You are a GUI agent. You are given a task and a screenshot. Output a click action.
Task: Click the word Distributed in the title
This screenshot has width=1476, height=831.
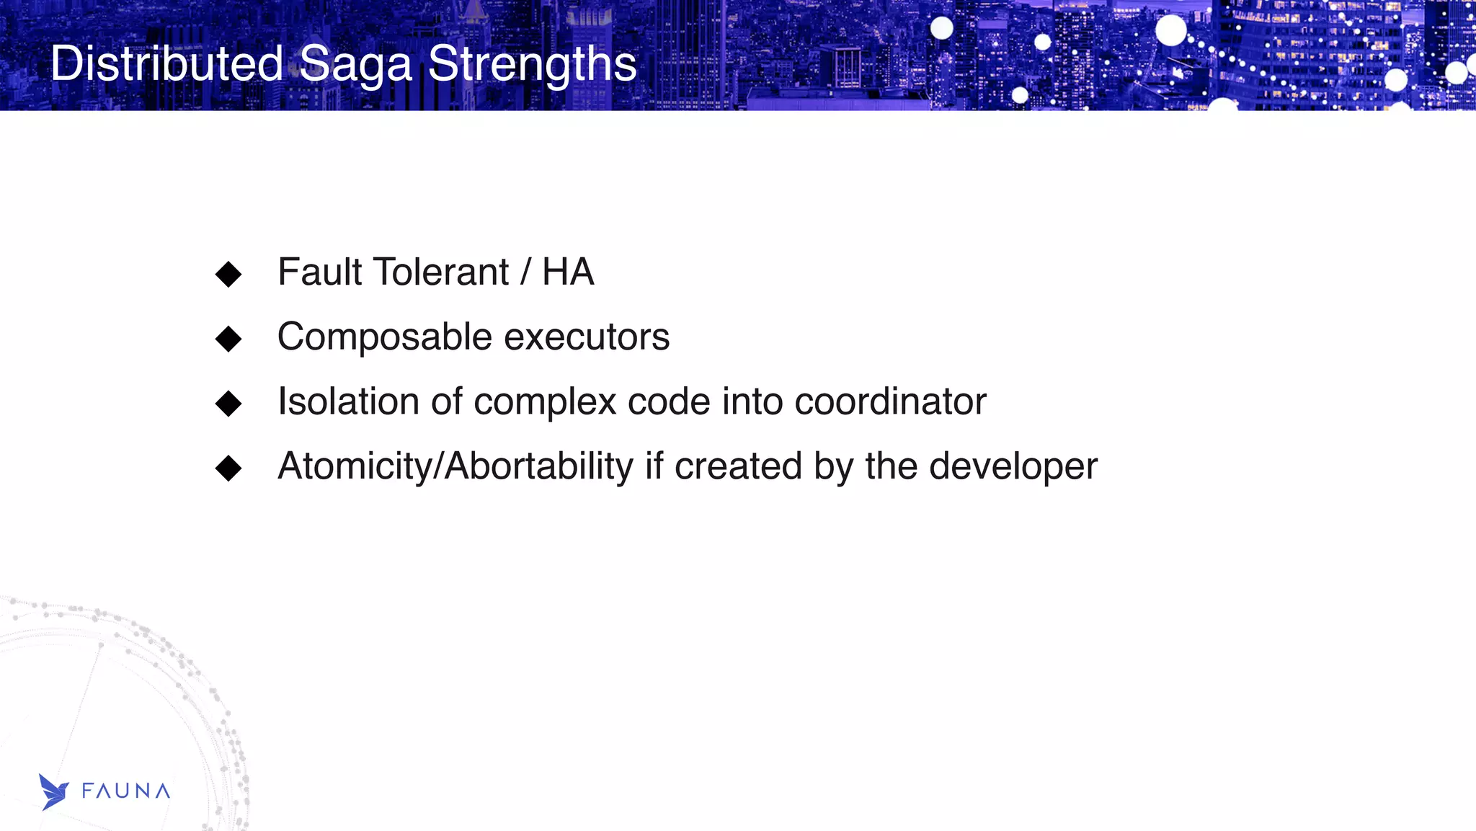point(166,63)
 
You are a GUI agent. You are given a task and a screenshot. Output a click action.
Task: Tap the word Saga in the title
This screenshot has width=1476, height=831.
point(355,65)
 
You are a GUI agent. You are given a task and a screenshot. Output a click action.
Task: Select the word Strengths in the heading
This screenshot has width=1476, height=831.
point(532,65)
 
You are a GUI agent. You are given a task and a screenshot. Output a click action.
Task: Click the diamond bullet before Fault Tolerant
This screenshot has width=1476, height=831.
point(228,274)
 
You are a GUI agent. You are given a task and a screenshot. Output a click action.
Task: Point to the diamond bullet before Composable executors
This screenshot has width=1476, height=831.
point(228,338)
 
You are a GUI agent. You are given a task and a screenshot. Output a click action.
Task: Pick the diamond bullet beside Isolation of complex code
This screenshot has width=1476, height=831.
point(228,403)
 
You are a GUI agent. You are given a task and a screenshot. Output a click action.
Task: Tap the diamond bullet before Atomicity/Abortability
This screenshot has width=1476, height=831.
point(228,468)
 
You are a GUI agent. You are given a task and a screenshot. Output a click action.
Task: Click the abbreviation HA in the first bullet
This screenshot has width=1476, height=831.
point(568,272)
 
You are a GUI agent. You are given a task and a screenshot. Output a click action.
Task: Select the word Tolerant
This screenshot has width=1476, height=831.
point(441,272)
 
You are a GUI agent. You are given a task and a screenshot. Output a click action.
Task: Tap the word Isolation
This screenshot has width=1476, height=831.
point(348,401)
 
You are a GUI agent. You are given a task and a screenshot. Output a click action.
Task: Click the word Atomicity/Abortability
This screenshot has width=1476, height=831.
point(455,466)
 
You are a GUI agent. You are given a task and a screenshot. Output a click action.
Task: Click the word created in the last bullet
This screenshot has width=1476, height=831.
point(738,466)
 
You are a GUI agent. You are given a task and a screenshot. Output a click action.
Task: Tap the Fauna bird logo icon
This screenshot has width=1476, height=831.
point(53,792)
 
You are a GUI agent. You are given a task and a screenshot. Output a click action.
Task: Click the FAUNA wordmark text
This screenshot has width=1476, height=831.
point(126,791)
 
